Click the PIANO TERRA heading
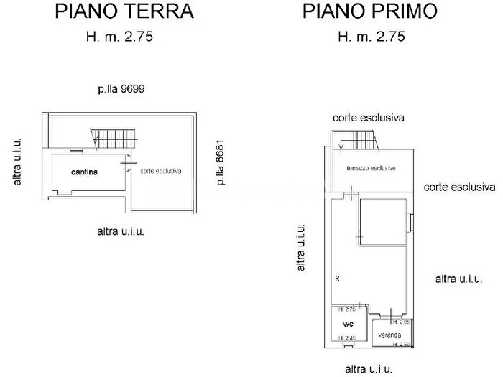(x=125, y=12)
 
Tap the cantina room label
(x=85, y=172)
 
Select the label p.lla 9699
(x=123, y=90)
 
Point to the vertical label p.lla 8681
(x=221, y=162)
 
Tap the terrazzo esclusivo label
(x=372, y=168)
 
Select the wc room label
(x=347, y=324)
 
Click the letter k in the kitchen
(x=336, y=277)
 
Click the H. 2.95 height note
(x=401, y=322)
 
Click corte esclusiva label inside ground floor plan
(x=161, y=172)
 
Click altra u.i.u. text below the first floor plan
(x=369, y=369)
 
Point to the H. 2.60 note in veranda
(x=401, y=345)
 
